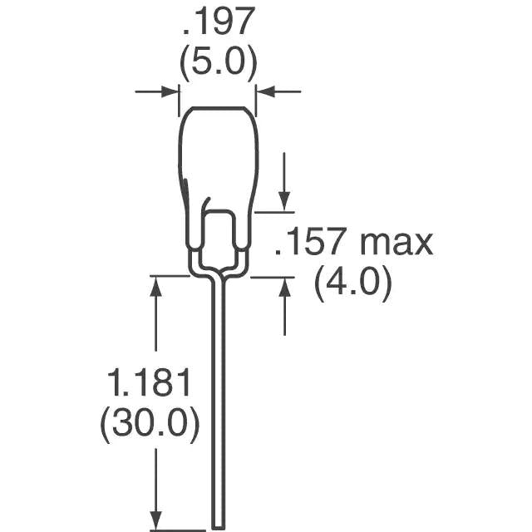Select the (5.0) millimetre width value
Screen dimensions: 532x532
point(218,62)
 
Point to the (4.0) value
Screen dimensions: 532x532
point(352,285)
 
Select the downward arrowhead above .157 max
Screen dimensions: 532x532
point(284,202)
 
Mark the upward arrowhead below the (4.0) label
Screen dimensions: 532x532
point(284,287)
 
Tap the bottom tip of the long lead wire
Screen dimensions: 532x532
point(219,524)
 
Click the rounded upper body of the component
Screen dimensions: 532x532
point(217,150)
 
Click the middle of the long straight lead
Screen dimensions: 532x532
point(219,399)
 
